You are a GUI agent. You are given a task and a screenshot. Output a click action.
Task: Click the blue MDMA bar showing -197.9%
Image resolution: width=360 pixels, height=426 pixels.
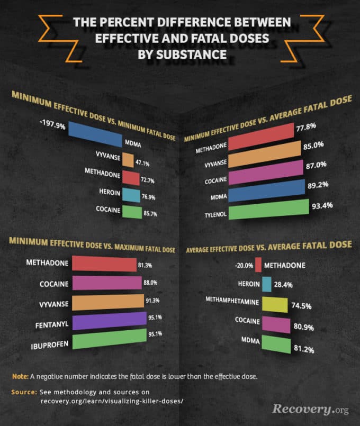coord(95,135)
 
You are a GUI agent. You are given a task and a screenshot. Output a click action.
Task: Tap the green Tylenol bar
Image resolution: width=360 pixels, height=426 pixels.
coord(270,210)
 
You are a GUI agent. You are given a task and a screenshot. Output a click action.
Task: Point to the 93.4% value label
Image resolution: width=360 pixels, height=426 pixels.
coord(322,205)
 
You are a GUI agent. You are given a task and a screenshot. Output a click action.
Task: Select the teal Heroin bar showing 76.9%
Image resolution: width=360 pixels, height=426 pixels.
coord(131,195)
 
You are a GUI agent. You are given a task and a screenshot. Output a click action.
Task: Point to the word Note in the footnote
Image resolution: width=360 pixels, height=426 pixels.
coord(20,376)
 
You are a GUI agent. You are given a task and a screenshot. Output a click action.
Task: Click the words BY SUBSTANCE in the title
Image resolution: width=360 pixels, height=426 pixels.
coord(179,54)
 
